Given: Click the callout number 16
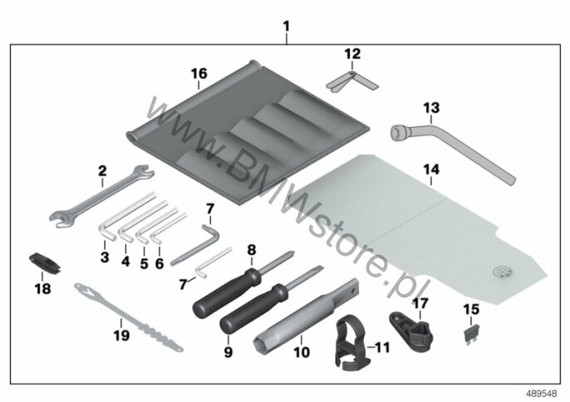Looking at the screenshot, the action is [x=199, y=73].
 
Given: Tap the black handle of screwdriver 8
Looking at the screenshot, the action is [x=226, y=292].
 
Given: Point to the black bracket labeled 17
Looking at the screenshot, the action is [x=411, y=331].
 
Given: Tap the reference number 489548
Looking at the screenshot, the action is [x=542, y=394].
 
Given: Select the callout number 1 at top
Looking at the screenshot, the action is [x=287, y=27].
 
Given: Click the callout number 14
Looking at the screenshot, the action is [x=431, y=169].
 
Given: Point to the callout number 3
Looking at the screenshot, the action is [x=105, y=257].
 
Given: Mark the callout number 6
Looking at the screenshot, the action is [x=160, y=263].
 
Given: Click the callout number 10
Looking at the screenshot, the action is [x=302, y=352].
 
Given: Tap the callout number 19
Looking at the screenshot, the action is [x=121, y=335].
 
